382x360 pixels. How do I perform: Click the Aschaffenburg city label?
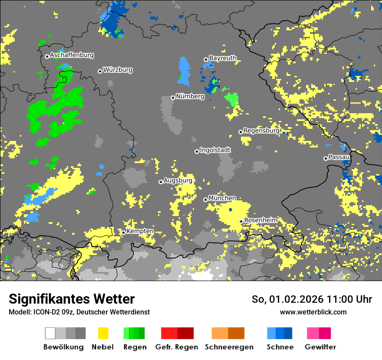72,56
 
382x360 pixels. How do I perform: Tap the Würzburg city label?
118,70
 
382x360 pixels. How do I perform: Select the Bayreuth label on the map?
223,58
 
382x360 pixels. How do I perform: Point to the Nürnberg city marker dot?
173,98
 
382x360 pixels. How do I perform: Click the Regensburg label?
261,131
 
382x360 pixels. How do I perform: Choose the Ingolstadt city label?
215,150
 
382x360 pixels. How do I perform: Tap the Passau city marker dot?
326,158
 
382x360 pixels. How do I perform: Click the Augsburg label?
178,180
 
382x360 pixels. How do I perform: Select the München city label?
222,198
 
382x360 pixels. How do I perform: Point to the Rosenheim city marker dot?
241,221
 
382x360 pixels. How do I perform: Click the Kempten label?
140,231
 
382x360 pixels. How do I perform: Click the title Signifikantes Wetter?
72,299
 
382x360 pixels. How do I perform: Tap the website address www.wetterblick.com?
313,312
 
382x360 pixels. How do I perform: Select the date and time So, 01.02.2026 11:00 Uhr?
312,299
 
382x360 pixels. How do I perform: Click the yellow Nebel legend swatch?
103,333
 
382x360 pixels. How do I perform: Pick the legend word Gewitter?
320,347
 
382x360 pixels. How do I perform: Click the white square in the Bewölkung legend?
50,333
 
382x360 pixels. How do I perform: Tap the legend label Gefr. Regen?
177,347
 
